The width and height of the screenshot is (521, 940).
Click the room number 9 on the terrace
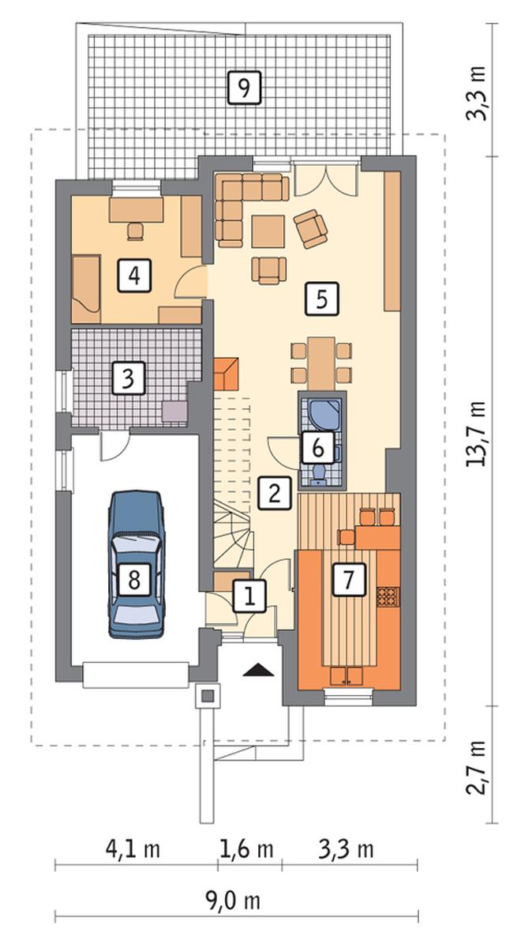[x=245, y=88]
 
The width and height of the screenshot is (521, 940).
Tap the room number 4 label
[x=134, y=275]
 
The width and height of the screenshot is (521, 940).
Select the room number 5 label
[x=321, y=299]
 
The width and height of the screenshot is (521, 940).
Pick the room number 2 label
[x=275, y=494]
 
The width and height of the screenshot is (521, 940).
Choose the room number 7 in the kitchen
[x=349, y=579]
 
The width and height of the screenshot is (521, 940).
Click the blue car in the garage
[x=136, y=563]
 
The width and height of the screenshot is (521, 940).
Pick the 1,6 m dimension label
[x=247, y=849]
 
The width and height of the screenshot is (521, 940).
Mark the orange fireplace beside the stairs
[x=227, y=374]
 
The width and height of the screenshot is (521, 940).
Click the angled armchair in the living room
[x=311, y=227]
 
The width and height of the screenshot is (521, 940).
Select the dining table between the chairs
[x=321, y=363]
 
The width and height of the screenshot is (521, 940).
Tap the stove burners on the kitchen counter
[x=386, y=596]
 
